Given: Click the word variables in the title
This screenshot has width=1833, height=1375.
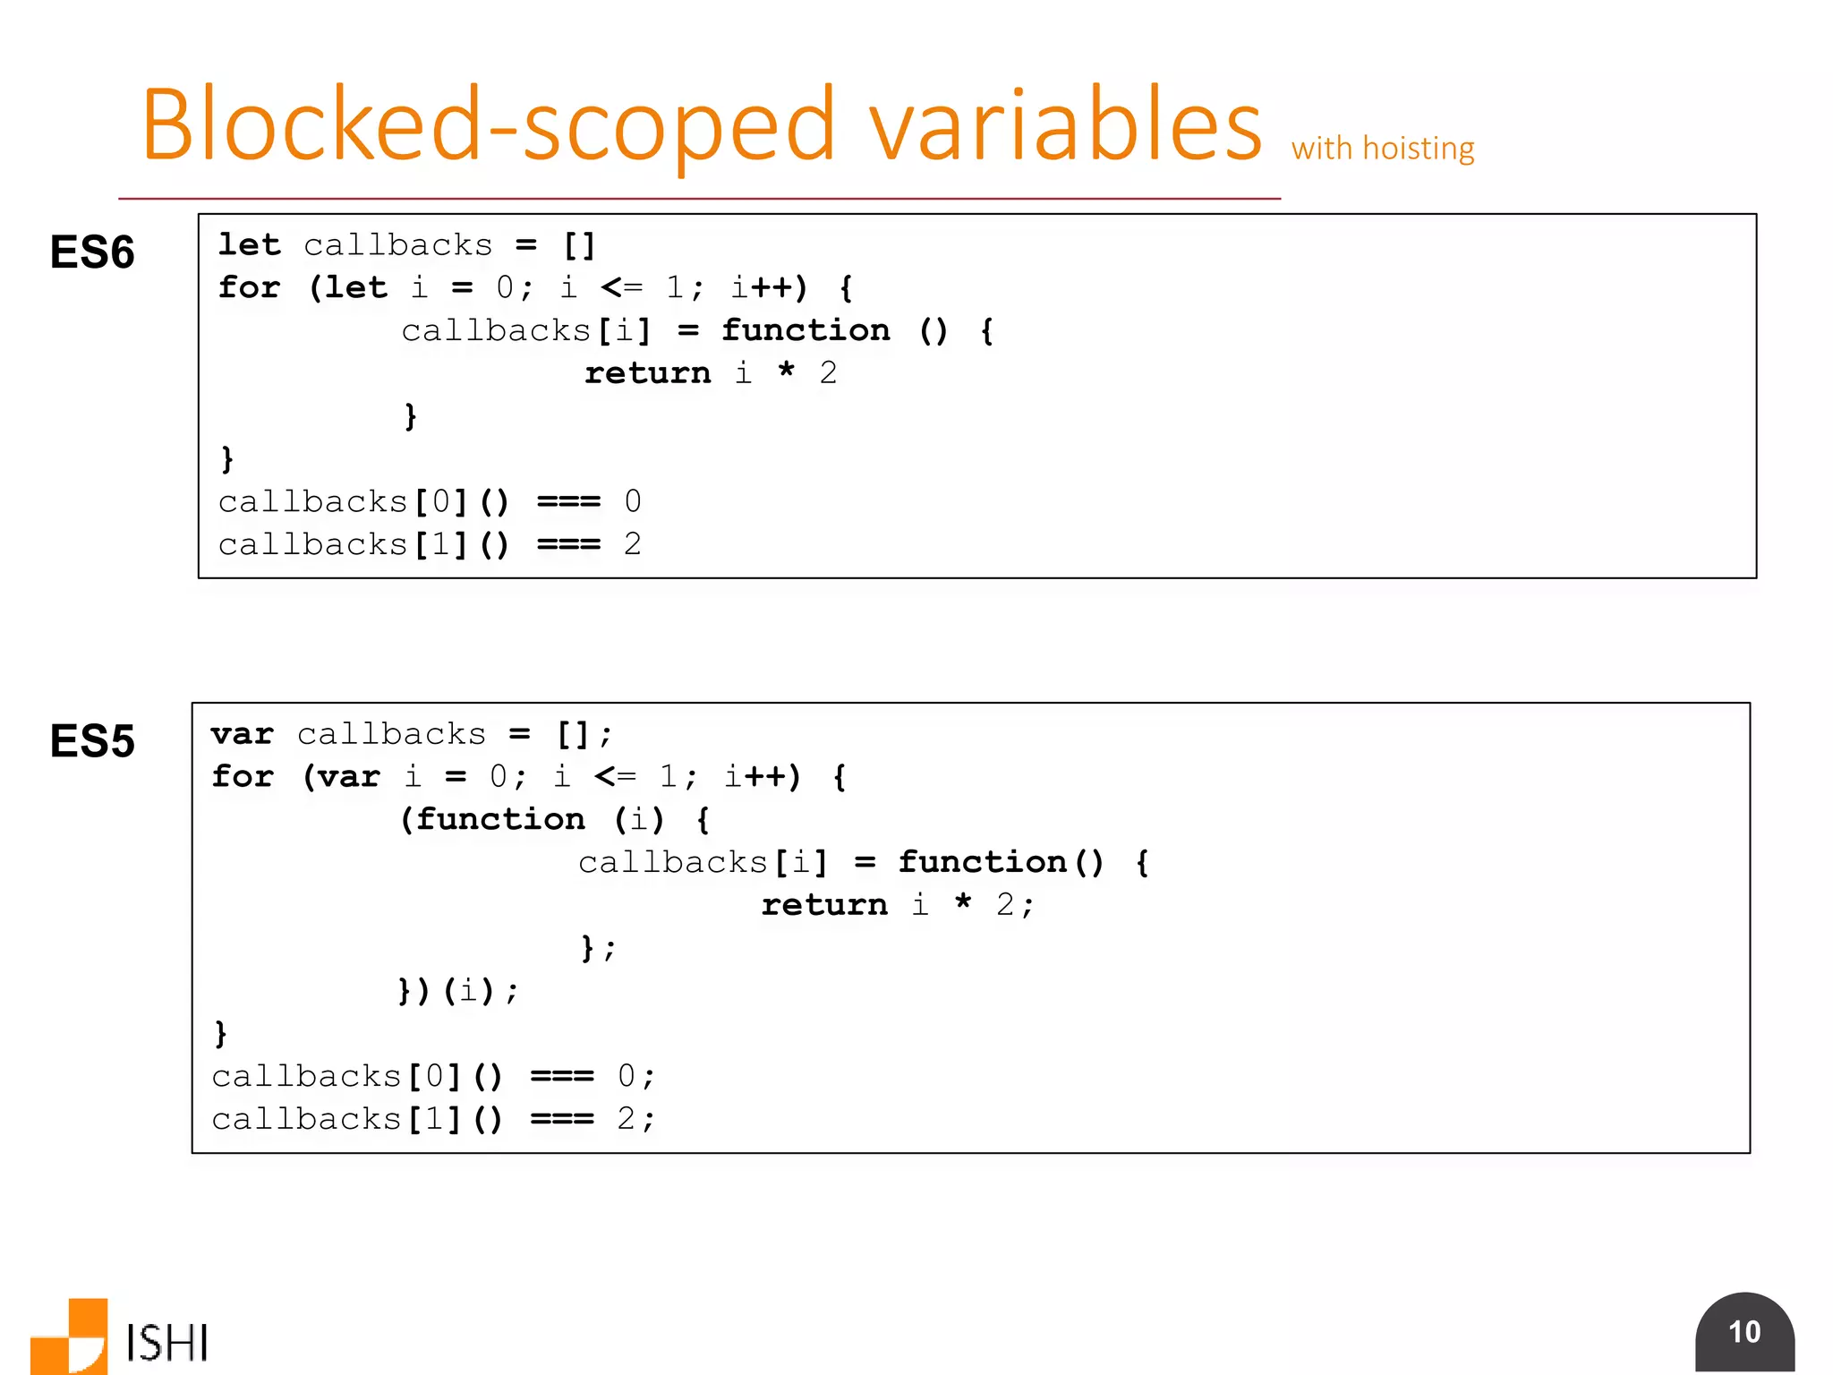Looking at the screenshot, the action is pos(1065,125).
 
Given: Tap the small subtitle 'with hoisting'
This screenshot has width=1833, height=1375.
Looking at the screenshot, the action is pos(1383,149).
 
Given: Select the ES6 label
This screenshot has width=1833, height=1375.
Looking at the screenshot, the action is pos(92,252).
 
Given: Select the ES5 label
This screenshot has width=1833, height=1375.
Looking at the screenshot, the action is pos(92,741).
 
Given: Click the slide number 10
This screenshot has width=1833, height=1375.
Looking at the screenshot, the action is pos(1744,1332).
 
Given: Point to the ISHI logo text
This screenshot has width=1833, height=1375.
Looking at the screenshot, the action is pos(167,1343).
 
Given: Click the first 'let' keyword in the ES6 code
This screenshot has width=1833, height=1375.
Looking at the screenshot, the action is pos(250,244).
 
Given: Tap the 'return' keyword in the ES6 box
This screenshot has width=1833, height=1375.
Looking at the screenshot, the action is pos(647,372).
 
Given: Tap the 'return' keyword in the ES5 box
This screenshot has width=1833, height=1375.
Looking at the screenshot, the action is pos(824,904).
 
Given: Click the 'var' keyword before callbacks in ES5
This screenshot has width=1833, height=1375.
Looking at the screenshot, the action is pos(243,734).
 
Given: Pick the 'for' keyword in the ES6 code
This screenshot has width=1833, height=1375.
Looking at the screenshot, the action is pos(250,287).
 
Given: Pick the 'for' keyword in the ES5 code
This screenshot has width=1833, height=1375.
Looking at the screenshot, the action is pos(243,776).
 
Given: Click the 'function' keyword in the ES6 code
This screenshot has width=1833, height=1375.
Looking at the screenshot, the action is pos(806,330).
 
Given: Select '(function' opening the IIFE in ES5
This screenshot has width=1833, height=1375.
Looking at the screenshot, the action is pos(492,819).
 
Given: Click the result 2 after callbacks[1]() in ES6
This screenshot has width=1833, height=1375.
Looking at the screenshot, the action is pos(632,544).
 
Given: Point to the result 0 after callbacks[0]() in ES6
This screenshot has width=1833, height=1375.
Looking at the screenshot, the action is pos(632,501).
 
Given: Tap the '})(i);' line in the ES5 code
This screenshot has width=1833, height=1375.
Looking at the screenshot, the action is pos(457,990).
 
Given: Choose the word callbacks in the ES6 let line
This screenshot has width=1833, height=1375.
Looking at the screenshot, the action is pos(398,244).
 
